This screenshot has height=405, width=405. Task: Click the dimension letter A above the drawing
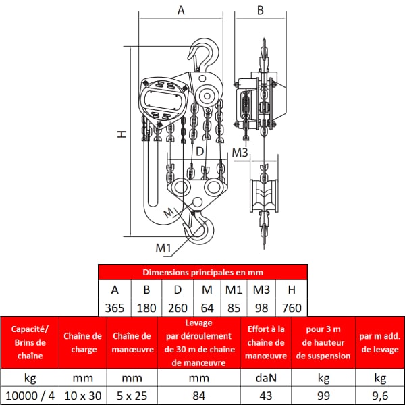coord(181,10)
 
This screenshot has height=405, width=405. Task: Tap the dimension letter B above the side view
coord(261,10)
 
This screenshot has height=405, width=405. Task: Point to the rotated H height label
coord(122,134)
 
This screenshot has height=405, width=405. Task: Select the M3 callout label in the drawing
coord(240,153)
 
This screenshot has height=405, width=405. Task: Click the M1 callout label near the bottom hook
coord(163,248)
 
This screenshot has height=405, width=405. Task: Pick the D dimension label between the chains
coord(200,152)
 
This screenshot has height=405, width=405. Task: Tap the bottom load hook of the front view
coord(199,227)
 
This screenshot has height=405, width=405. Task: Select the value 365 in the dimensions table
coord(115,308)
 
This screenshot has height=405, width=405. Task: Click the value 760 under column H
coord(292,308)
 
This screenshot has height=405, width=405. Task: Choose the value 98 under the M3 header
coord(261,308)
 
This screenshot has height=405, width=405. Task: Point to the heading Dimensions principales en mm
coord(202,272)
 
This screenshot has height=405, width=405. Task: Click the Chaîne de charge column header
coord(83,342)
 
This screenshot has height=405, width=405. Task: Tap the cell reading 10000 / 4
coord(30,396)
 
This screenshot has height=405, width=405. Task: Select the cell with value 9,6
coord(380,396)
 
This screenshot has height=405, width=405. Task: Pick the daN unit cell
coord(266,378)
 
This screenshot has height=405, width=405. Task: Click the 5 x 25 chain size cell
coord(132,396)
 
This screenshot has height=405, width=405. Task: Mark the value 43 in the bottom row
coord(266,396)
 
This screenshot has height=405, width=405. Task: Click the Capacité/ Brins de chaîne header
coord(30,342)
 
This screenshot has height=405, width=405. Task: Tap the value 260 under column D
coord(178,308)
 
